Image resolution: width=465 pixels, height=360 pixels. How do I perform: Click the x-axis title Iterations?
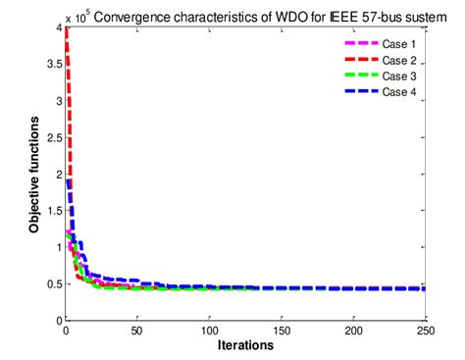(x=245, y=346)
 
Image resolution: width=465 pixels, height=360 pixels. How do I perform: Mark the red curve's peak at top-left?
(x=65, y=28)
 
